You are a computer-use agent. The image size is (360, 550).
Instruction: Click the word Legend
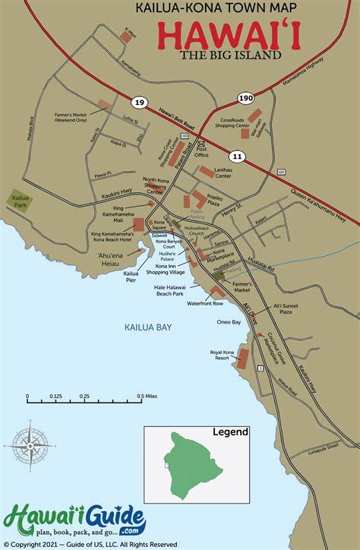[230, 432]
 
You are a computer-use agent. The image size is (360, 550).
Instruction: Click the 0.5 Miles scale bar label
[147, 397]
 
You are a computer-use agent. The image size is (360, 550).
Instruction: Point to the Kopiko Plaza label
[219, 199]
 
